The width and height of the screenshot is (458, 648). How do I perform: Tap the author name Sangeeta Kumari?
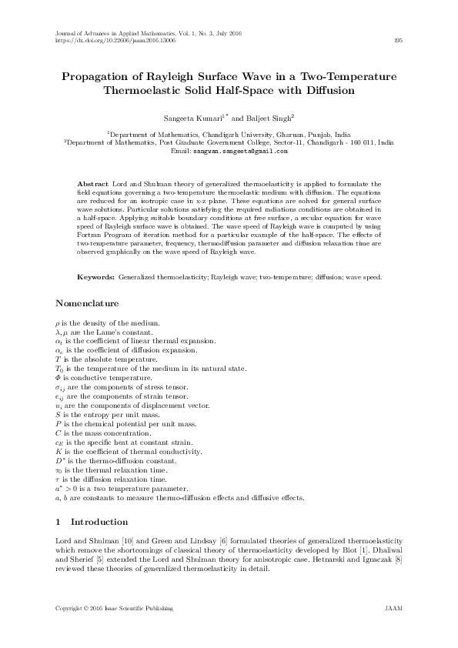pyautogui.click(x=191, y=119)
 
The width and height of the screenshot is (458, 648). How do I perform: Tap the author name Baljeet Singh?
pyautogui.click(x=272, y=119)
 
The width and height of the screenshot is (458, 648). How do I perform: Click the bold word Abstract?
pyautogui.click(x=93, y=185)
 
